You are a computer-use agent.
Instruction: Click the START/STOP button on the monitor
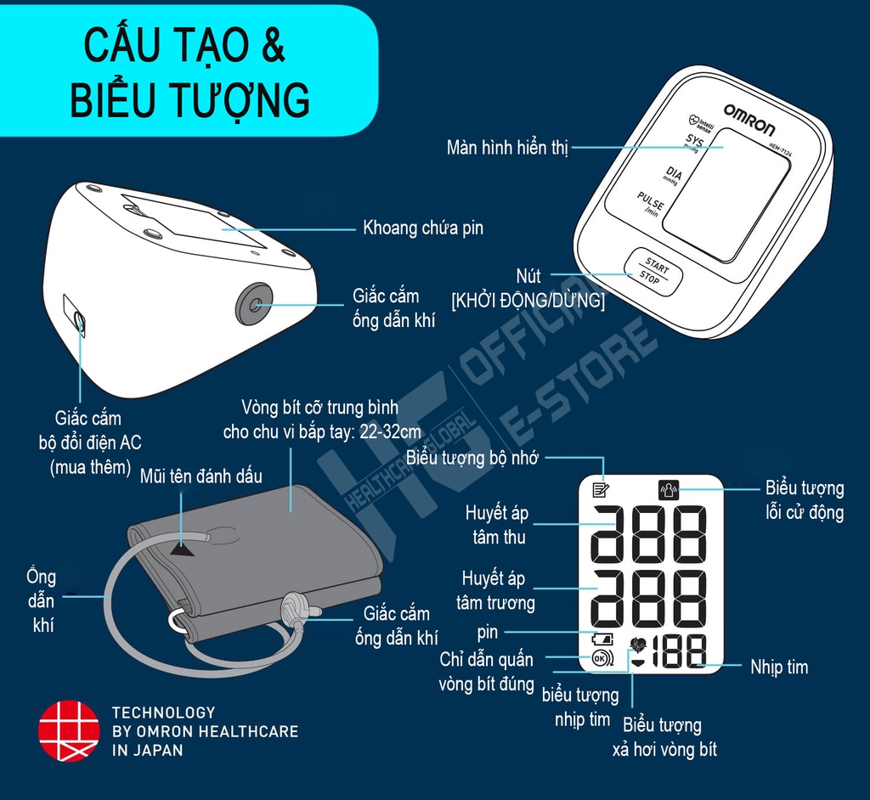point(653,271)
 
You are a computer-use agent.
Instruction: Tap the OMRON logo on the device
point(749,120)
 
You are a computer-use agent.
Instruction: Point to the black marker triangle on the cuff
point(182,549)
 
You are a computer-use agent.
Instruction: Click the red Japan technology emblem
point(69,730)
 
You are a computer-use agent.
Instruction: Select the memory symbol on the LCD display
point(601,489)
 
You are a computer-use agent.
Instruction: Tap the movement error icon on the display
point(669,489)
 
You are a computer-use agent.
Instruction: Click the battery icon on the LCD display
point(602,639)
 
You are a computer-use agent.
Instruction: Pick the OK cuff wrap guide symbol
point(602,658)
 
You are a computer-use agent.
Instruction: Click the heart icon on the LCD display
point(639,645)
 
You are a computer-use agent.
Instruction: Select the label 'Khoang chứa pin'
point(423,228)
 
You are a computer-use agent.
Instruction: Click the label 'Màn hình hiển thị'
point(508,148)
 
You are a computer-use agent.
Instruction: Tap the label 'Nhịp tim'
point(779,668)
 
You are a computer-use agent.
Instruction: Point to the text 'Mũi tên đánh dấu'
point(201,476)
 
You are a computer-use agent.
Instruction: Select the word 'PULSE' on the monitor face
point(650,200)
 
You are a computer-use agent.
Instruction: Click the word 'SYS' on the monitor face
point(695,141)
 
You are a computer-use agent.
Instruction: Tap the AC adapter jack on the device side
point(80,323)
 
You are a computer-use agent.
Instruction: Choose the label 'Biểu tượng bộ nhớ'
point(472,459)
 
